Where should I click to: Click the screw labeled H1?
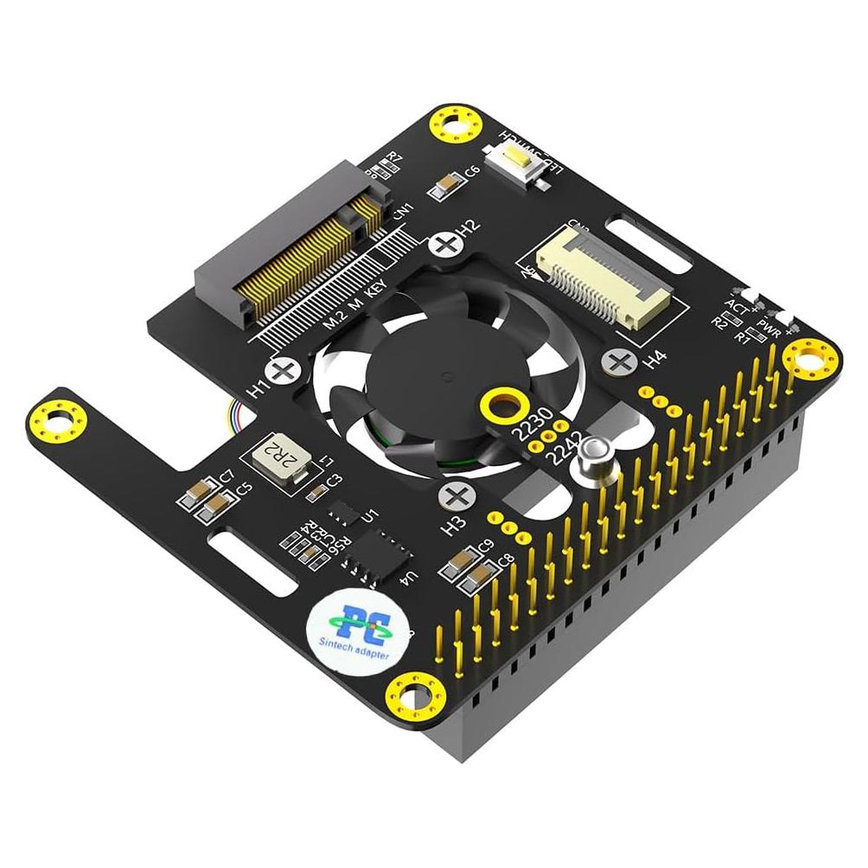[x=283, y=373]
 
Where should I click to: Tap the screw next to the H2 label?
[x=445, y=243]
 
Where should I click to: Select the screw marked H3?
[x=455, y=496]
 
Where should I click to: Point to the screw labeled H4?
[x=620, y=360]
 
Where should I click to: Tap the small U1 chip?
[x=346, y=513]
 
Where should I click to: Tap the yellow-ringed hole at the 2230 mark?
[x=501, y=403]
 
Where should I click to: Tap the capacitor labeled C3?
[x=316, y=492]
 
